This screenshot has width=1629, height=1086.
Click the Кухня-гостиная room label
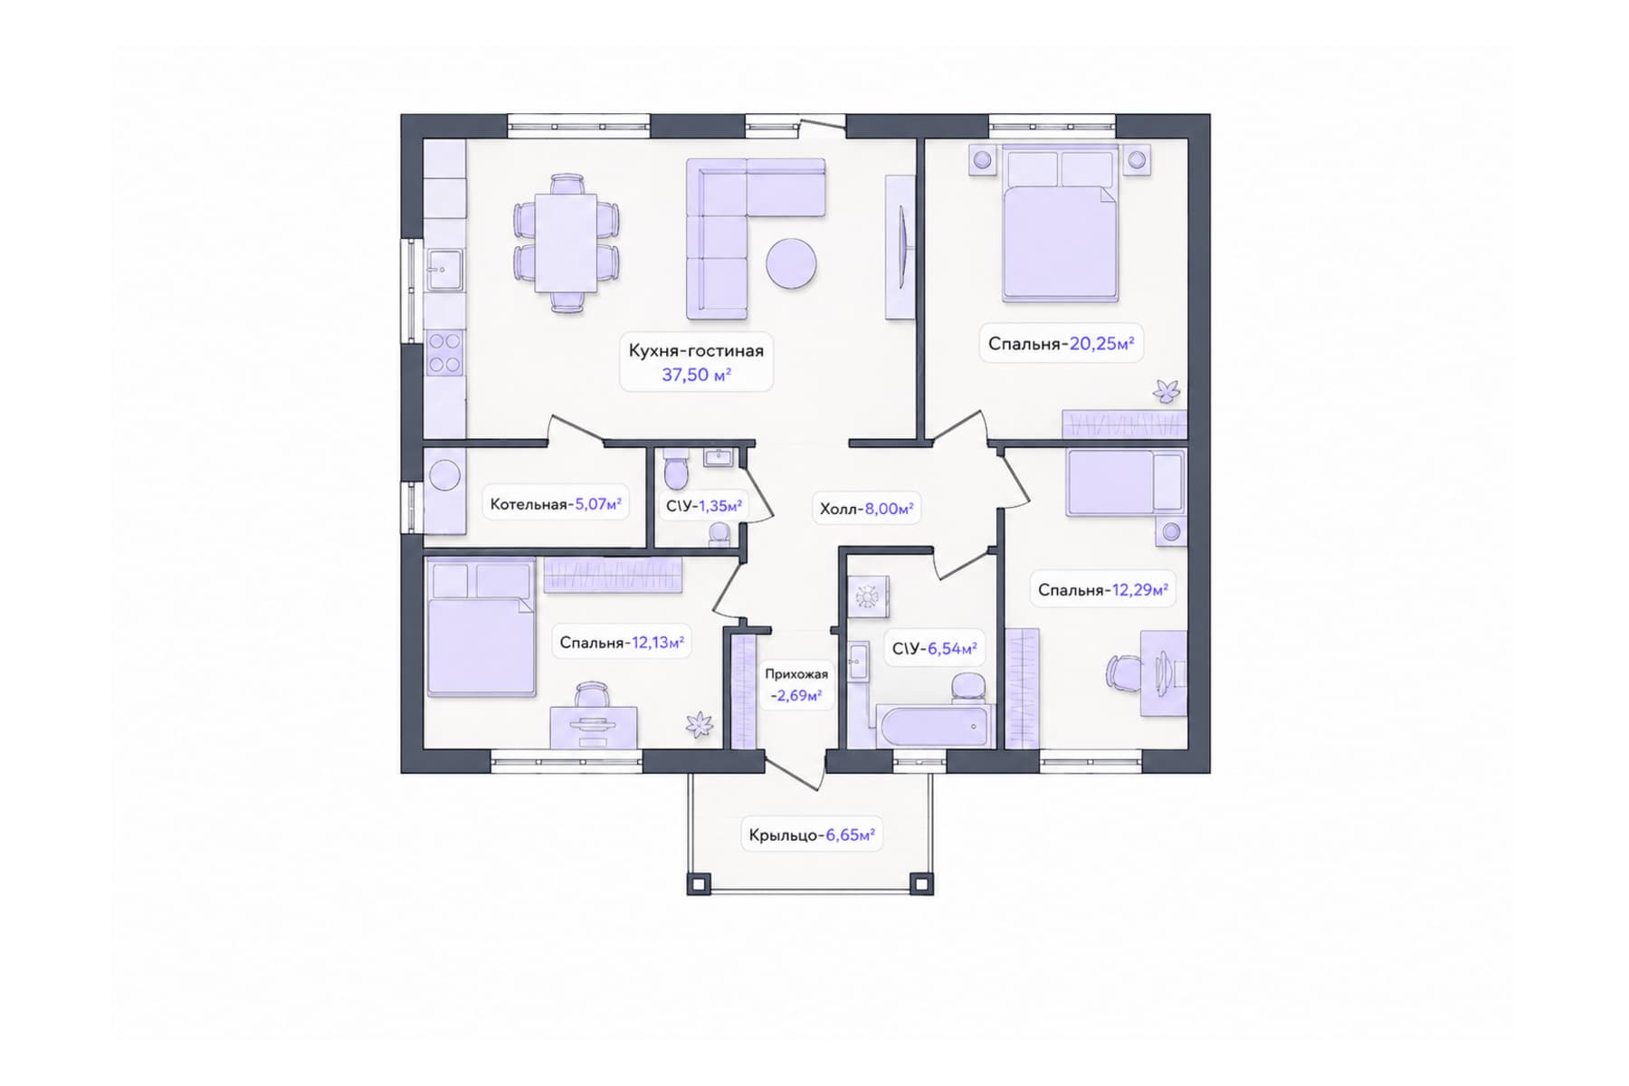click(696, 350)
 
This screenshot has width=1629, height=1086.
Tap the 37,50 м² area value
click(696, 375)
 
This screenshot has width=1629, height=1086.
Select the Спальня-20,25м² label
click(1061, 344)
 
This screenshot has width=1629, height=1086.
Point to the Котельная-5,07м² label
click(556, 504)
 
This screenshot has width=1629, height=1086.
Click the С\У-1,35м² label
click(704, 506)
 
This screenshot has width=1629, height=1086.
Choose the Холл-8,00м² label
click(866, 509)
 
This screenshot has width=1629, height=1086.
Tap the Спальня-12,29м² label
click(1103, 590)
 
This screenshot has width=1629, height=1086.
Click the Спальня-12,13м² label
click(622, 643)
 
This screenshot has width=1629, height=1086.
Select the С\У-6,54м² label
click(934, 649)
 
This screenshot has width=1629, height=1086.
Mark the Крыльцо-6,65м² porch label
click(812, 834)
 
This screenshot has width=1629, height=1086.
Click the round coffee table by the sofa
click(791, 263)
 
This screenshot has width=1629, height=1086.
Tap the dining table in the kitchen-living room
click(567, 243)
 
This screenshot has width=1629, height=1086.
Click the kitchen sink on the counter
click(444, 270)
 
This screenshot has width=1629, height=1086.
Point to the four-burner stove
click(444, 353)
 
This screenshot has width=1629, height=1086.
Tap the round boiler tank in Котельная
click(444, 476)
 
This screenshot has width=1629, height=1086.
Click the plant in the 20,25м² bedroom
click(1166, 391)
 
